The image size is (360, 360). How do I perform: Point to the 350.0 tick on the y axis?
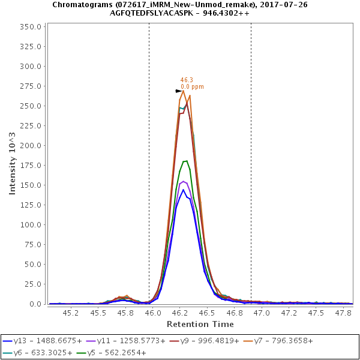[31, 27]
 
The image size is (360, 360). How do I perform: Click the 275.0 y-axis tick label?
[31, 86]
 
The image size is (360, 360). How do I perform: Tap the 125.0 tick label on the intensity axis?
[31, 205]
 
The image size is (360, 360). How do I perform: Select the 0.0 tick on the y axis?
[35, 304]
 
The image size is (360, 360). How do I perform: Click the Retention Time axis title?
[200, 324]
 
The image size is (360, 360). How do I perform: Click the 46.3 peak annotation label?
[187, 80]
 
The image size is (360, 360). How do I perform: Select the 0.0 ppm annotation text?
[192, 87]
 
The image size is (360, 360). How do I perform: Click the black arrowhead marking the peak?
[179, 91]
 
